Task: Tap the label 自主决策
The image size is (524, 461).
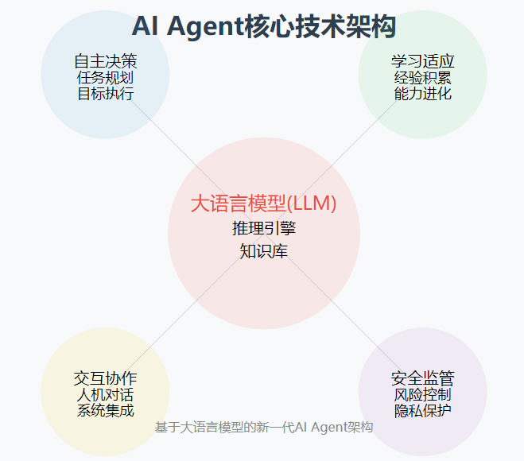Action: pyautogui.click(x=105, y=61)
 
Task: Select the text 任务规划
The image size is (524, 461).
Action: pyautogui.click(x=105, y=78)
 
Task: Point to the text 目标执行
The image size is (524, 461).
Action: pyautogui.click(x=105, y=94)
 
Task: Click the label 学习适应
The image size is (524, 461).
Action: pyautogui.click(x=422, y=61)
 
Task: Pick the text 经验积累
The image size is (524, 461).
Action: pyautogui.click(x=422, y=78)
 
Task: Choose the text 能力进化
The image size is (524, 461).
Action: pyautogui.click(x=422, y=94)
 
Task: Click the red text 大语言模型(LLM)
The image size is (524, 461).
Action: pyautogui.click(x=264, y=203)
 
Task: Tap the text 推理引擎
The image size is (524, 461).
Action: pyautogui.click(x=264, y=229)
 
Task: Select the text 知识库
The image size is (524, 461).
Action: pyautogui.click(x=264, y=252)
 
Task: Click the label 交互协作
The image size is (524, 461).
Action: pyautogui.click(x=105, y=378)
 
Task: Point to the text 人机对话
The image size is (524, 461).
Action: pyautogui.click(x=105, y=395)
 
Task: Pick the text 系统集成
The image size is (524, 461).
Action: pyautogui.click(x=105, y=411)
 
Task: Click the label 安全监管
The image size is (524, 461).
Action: pyautogui.click(x=422, y=378)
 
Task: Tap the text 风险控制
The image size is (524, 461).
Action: pyautogui.click(x=422, y=395)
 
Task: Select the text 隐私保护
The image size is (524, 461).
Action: pyautogui.click(x=422, y=411)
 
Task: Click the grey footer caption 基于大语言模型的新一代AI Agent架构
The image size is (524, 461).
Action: pyautogui.click(x=264, y=427)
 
